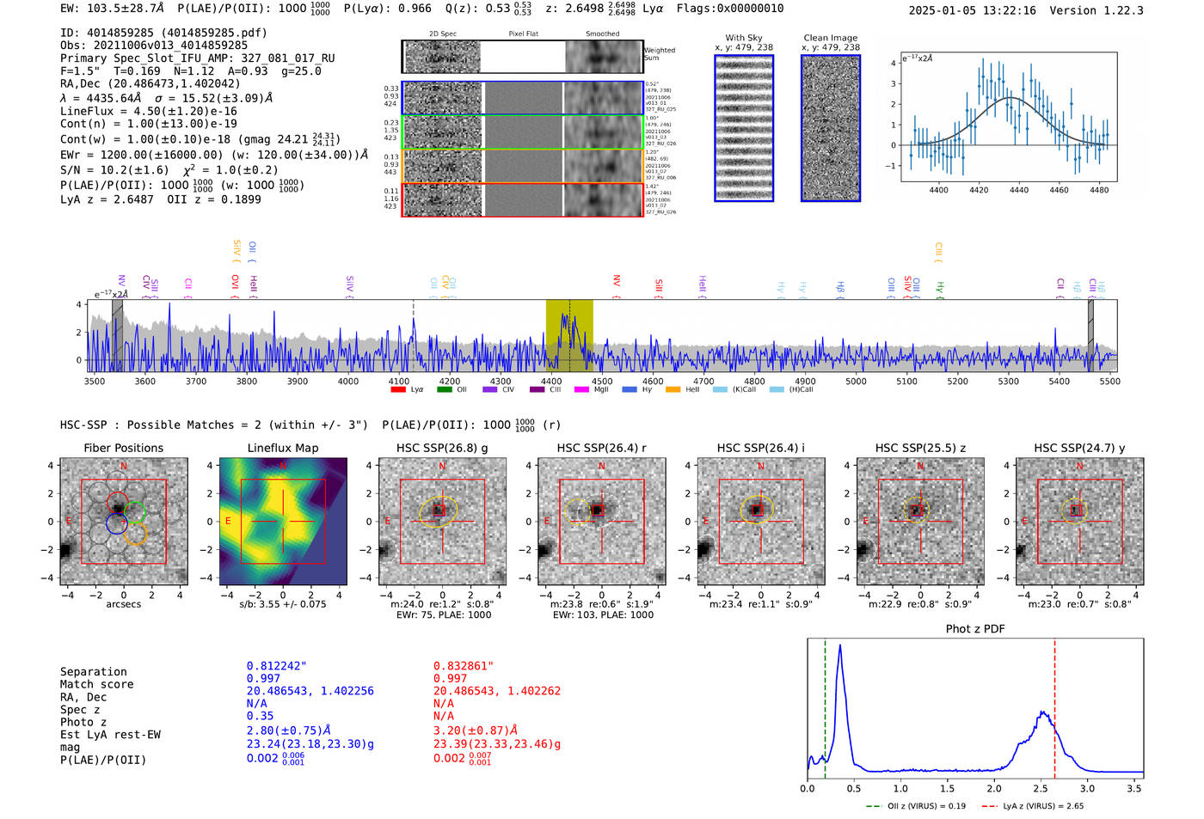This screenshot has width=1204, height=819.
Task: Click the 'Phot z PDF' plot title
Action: click(974, 629)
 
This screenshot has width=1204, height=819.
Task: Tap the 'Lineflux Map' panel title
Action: click(282, 448)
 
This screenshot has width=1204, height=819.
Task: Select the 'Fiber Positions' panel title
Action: click(123, 448)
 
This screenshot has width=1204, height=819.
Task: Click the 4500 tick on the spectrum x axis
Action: click(602, 381)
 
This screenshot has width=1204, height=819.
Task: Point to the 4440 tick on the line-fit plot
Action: click(1019, 190)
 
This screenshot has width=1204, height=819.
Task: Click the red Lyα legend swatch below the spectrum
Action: click(398, 390)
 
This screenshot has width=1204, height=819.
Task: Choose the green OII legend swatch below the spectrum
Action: click(444, 390)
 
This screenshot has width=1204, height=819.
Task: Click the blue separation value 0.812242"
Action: click(276, 666)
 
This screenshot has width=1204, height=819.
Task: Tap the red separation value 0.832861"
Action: click(463, 666)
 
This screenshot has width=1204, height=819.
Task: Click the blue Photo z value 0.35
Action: click(260, 716)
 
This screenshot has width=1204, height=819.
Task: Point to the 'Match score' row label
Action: click(96, 684)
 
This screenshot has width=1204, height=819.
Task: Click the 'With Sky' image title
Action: click(743, 38)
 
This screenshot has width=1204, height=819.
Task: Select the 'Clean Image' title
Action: click(830, 38)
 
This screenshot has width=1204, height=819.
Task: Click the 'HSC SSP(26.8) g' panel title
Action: click(441, 448)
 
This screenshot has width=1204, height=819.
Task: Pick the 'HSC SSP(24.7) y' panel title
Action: click(1078, 448)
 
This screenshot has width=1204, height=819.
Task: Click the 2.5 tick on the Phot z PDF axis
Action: click(1041, 788)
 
